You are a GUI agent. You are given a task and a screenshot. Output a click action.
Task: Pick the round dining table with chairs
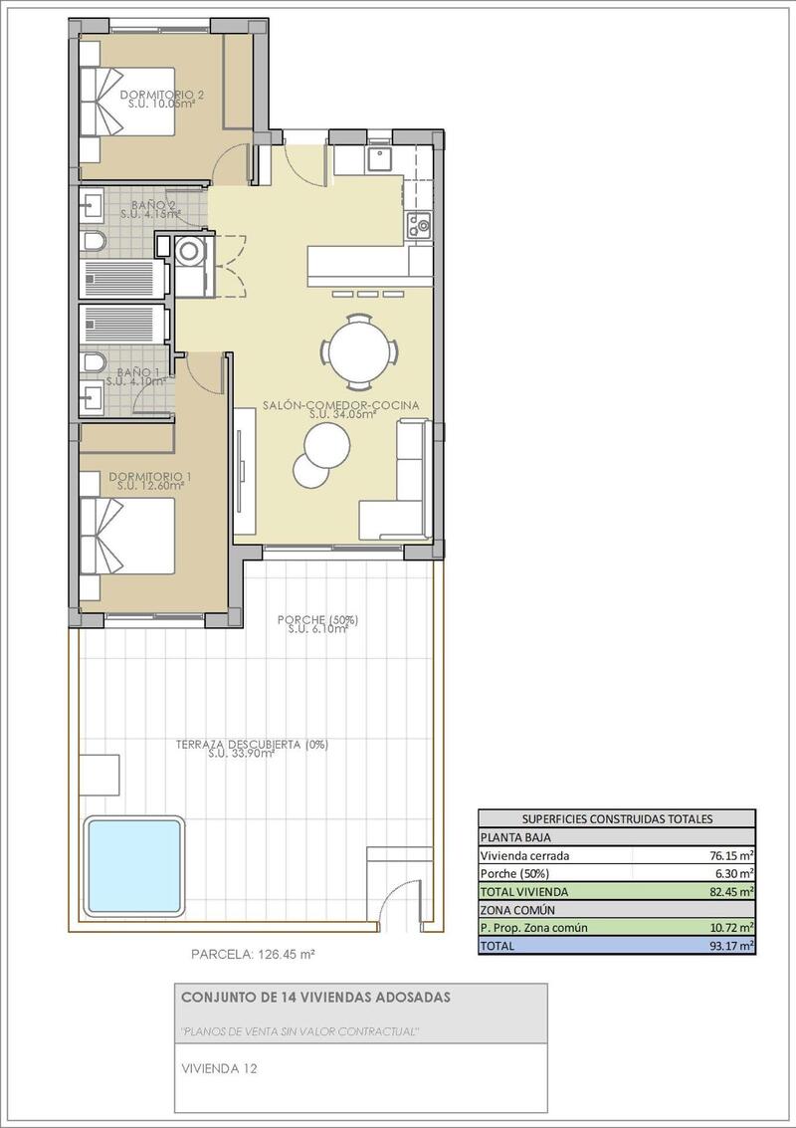tap(360, 351)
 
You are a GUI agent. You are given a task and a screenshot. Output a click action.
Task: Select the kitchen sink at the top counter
tap(380, 158)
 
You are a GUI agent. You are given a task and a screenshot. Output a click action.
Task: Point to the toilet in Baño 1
tap(94, 359)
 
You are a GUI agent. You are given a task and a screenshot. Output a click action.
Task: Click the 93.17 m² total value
tap(731, 945)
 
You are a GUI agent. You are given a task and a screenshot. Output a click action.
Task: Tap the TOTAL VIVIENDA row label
tap(524, 891)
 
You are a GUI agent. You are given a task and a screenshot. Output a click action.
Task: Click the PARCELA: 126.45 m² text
tap(253, 954)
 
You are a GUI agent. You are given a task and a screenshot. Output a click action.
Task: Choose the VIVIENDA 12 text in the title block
tap(220, 1069)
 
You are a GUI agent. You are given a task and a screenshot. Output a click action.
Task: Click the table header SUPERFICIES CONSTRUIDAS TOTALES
tap(617, 819)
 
